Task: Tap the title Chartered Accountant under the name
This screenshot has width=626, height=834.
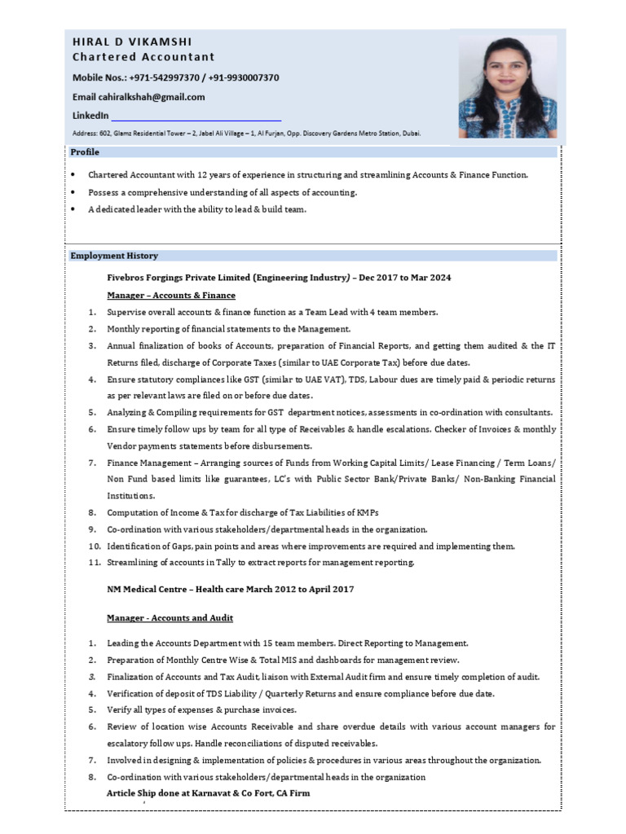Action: (143, 57)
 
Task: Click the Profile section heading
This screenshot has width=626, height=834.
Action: (85, 152)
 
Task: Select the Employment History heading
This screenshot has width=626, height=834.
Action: (114, 256)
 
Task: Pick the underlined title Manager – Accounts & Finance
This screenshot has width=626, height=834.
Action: (171, 295)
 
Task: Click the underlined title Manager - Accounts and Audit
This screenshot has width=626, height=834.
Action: (172, 618)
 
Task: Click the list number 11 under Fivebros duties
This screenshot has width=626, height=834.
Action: (94, 563)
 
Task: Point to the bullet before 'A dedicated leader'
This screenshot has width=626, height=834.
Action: (73, 210)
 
